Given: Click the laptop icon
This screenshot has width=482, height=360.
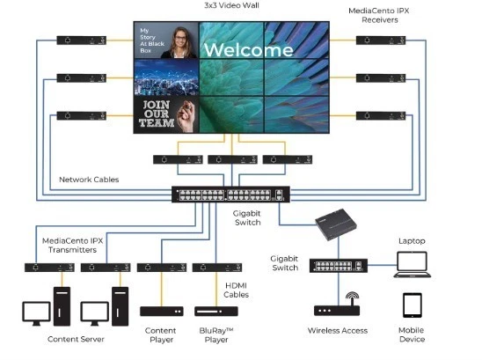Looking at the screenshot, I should point(413,261).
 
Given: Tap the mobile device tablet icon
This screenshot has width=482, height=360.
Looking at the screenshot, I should point(413,305).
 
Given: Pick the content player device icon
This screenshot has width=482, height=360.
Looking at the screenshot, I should point(162,312).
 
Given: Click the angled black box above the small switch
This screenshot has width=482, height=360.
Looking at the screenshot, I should point(339,226).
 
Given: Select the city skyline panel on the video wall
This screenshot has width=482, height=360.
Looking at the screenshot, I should point(166,77).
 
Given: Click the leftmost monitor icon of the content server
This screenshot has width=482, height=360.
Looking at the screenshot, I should point(34,313).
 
